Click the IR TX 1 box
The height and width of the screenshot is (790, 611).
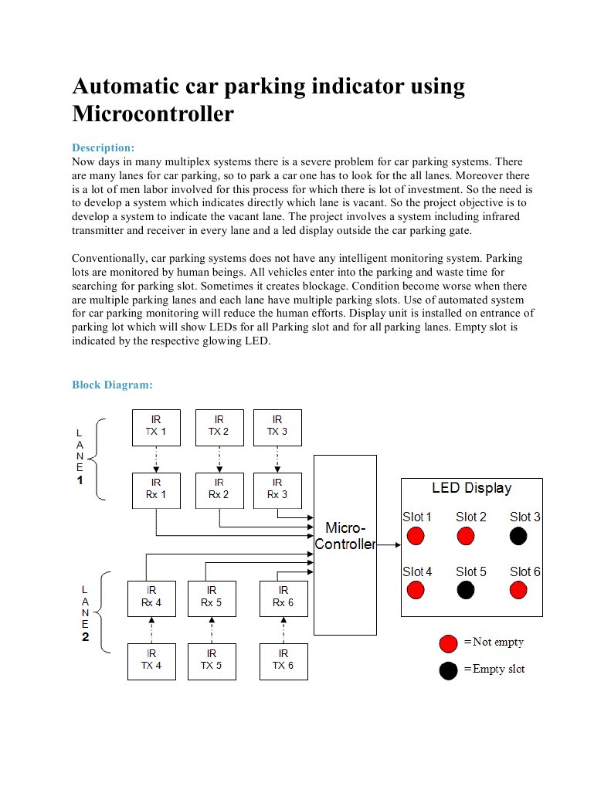click(x=156, y=427)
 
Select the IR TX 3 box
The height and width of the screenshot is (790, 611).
click(x=277, y=427)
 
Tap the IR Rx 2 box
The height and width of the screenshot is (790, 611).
click(x=219, y=490)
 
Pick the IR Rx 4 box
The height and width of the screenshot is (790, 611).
click(x=151, y=598)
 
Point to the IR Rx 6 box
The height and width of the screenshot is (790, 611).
click(x=283, y=598)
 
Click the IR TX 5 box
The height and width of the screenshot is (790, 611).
click(x=211, y=661)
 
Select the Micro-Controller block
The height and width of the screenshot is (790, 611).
click(x=345, y=544)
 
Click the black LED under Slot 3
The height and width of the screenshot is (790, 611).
click(x=518, y=536)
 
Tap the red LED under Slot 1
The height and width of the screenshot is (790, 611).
click(x=416, y=536)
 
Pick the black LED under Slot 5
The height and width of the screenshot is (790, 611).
click(x=465, y=590)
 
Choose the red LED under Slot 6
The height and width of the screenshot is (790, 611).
click(x=518, y=590)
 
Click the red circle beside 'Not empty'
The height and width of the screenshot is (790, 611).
click(x=448, y=643)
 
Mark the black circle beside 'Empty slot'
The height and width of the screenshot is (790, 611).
click(x=448, y=670)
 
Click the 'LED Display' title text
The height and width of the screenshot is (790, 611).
click(x=471, y=488)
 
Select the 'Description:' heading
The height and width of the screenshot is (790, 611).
click(x=104, y=147)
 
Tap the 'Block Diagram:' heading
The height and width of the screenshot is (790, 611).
click(x=112, y=385)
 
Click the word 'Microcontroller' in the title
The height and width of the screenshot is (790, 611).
click(x=153, y=114)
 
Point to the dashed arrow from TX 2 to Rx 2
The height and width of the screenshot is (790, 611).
click(x=219, y=459)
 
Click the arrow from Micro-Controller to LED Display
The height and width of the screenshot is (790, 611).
click(x=389, y=544)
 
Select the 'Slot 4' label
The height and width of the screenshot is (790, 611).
click(x=417, y=572)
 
